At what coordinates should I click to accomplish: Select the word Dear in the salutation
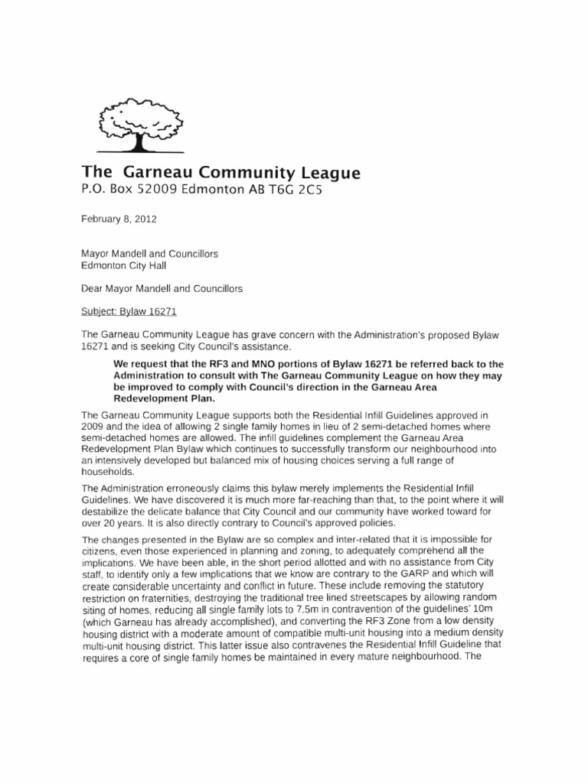[93, 289]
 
